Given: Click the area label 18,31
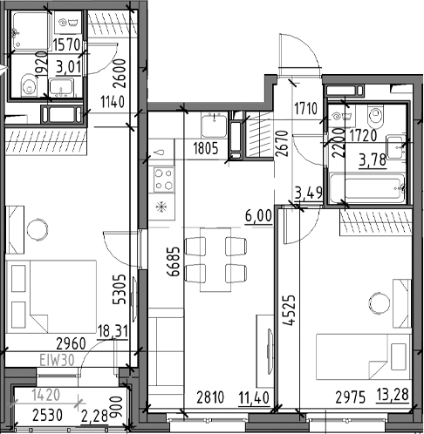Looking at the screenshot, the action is tap(113, 331).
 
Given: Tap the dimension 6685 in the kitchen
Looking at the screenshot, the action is tap(174, 261).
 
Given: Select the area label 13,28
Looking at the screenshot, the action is tap(393, 395).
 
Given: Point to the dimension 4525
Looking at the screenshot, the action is tap(290, 310).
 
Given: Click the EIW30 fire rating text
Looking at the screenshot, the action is tap(57, 361).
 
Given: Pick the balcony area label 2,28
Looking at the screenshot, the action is tap(94, 417).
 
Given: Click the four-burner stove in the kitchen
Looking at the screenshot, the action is tap(164, 180).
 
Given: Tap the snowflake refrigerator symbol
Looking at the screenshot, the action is tap(161, 207).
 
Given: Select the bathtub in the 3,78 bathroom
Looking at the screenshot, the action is tap(367, 188).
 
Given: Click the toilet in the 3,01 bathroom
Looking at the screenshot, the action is tap(29, 85).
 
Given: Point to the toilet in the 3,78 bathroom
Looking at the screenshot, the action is tap(376, 117).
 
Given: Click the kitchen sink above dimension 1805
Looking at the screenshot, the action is tap(215, 125).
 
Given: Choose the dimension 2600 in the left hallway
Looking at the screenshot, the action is tap(120, 73).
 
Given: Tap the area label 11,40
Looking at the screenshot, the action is tap(254, 397).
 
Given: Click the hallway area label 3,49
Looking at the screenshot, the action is tap(309, 193).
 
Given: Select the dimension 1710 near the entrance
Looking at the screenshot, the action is tap(305, 109).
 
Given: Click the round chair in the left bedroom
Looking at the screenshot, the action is tap(38, 229).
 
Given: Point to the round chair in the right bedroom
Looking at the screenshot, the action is tap(379, 303).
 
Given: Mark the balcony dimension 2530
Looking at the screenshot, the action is tap(47, 416).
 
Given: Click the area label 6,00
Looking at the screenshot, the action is tap(258, 216).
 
